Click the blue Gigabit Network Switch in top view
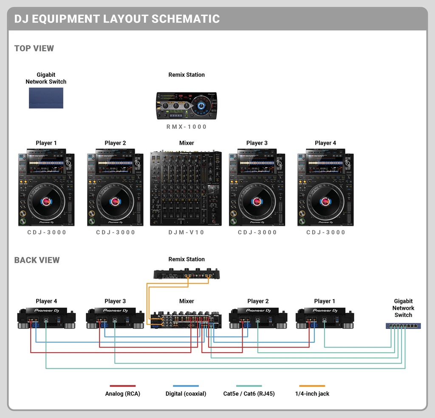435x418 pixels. click(x=46, y=98)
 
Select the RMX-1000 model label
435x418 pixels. click(x=186, y=127)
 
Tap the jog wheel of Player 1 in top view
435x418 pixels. click(x=46, y=202)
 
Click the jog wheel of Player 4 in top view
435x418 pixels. click(x=325, y=202)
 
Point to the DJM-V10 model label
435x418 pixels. click(x=186, y=233)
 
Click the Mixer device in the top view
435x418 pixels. click(x=186, y=188)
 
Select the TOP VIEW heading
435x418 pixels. click(x=34, y=48)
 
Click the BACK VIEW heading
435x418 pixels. click(x=37, y=260)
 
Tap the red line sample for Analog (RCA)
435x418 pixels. click(x=122, y=386)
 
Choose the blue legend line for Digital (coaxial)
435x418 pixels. click(x=186, y=386)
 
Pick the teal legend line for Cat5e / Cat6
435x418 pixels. click(x=249, y=386)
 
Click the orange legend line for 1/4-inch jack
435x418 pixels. click(x=312, y=386)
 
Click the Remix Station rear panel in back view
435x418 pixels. click(x=186, y=274)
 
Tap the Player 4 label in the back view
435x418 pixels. click(x=46, y=301)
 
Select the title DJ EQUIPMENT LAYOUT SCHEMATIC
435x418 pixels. click(x=117, y=19)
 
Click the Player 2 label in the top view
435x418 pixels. click(x=115, y=143)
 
